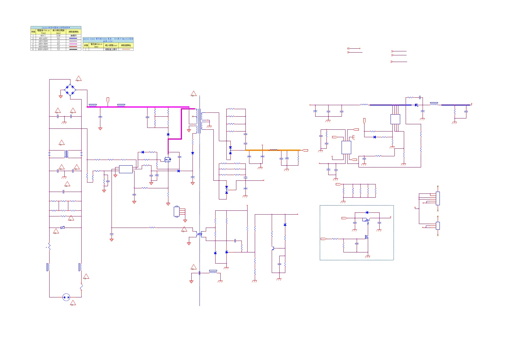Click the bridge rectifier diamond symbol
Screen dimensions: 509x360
pyautogui.click(x=70, y=90)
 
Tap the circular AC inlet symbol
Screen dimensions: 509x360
pyautogui.click(x=66, y=297)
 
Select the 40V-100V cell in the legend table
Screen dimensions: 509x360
pyautogui.click(x=43, y=38)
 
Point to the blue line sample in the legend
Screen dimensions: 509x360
pyautogui.click(x=73, y=38)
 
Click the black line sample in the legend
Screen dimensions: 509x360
pyautogui.click(x=73, y=49)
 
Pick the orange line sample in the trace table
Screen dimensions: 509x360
pyautogui.click(x=126, y=49)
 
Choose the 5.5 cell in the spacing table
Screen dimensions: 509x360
pyautogui.click(x=58, y=49)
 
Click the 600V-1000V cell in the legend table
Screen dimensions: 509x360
pyautogui.click(x=43, y=49)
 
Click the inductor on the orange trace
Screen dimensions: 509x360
pyautogui.click(x=274, y=150)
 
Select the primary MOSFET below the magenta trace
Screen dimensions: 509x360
pyautogui.click(x=167, y=159)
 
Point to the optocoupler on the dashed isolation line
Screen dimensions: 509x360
pyautogui.click(x=199, y=234)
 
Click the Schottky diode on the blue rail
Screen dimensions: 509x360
pyautogui.click(x=417, y=105)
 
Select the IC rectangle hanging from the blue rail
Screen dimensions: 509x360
pyautogui.click(x=395, y=119)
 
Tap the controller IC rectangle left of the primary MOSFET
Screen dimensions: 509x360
pyautogui.click(x=126, y=169)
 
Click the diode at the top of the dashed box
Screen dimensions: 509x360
pyautogui.click(x=367, y=212)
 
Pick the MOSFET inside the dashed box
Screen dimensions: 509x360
pyautogui.click(x=367, y=237)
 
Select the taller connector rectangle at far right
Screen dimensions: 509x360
pyautogui.click(x=438, y=198)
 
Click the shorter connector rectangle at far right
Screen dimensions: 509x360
pyautogui.click(x=438, y=226)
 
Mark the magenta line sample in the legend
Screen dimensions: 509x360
pyautogui.click(x=73, y=44)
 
